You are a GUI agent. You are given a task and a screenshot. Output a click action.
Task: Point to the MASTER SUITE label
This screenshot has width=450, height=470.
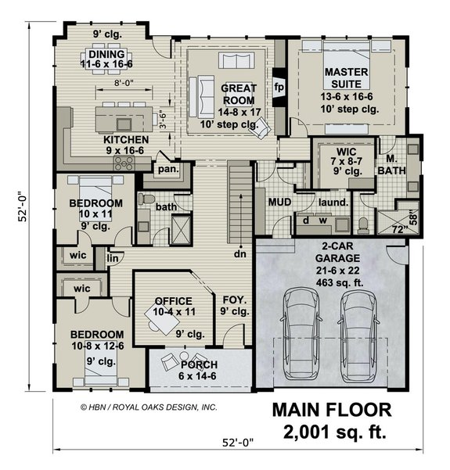coord(346,77)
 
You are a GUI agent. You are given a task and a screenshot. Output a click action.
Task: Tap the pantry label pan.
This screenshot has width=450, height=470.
coord(167,168)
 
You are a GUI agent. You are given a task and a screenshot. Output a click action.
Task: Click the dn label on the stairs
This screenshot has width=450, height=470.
coord(239,253)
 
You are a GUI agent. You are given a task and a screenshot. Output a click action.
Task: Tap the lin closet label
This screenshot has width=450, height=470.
coord(113,257)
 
